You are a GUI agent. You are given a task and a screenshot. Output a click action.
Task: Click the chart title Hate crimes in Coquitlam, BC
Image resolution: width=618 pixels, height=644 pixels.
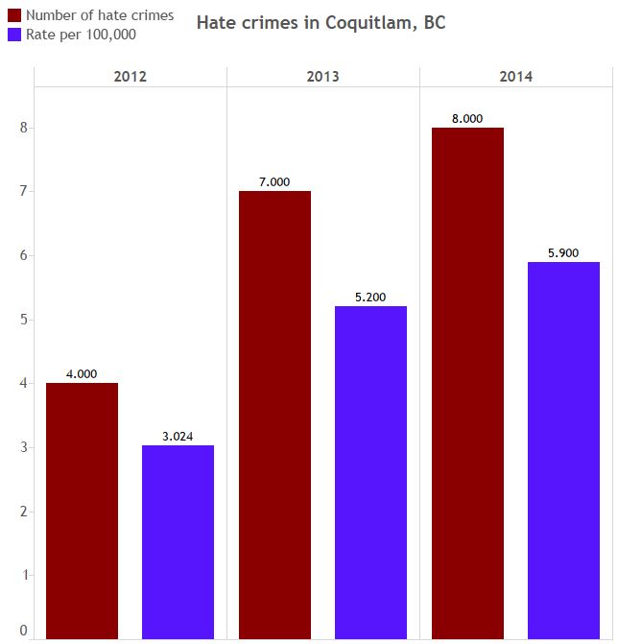click(x=321, y=22)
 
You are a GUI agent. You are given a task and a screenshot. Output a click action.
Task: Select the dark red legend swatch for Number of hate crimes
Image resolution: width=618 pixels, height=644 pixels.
click(x=14, y=15)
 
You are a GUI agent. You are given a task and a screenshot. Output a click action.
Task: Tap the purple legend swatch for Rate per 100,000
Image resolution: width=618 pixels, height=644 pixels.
click(x=14, y=35)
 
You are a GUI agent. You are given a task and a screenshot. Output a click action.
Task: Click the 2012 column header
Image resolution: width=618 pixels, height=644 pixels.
click(x=130, y=77)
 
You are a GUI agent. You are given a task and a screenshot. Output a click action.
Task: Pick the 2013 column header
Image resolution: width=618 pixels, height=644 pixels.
click(x=323, y=77)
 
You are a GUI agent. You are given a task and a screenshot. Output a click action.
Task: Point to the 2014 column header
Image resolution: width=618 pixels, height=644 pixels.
click(x=516, y=77)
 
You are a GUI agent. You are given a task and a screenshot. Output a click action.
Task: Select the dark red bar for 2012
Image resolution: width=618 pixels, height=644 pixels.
click(x=82, y=510)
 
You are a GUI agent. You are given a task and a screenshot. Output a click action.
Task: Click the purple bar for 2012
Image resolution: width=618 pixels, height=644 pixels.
click(x=178, y=541)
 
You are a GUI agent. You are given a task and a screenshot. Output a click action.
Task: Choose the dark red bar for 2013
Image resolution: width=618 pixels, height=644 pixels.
click(x=274, y=414)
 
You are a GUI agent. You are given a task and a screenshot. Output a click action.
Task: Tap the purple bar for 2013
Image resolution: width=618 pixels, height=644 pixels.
click(x=370, y=471)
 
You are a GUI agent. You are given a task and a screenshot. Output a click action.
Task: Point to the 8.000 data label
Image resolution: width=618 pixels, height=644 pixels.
click(x=467, y=119)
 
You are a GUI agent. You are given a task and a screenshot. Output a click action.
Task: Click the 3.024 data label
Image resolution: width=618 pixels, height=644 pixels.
click(x=178, y=437)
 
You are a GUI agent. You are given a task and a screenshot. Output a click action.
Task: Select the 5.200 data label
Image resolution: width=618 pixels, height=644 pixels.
click(x=370, y=298)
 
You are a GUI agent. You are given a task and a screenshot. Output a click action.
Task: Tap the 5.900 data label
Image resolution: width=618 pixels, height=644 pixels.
click(x=563, y=253)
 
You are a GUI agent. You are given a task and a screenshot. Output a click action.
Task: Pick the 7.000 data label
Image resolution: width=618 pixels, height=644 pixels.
click(x=274, y=182)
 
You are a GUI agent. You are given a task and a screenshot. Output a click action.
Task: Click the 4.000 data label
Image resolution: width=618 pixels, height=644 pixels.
click(x=82, y=374)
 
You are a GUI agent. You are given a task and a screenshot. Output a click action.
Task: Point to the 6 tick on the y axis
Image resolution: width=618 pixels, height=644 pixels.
click(x=23, y=255)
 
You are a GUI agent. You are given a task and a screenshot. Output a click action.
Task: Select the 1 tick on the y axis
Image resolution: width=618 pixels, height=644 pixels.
click(x=23, y=575)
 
